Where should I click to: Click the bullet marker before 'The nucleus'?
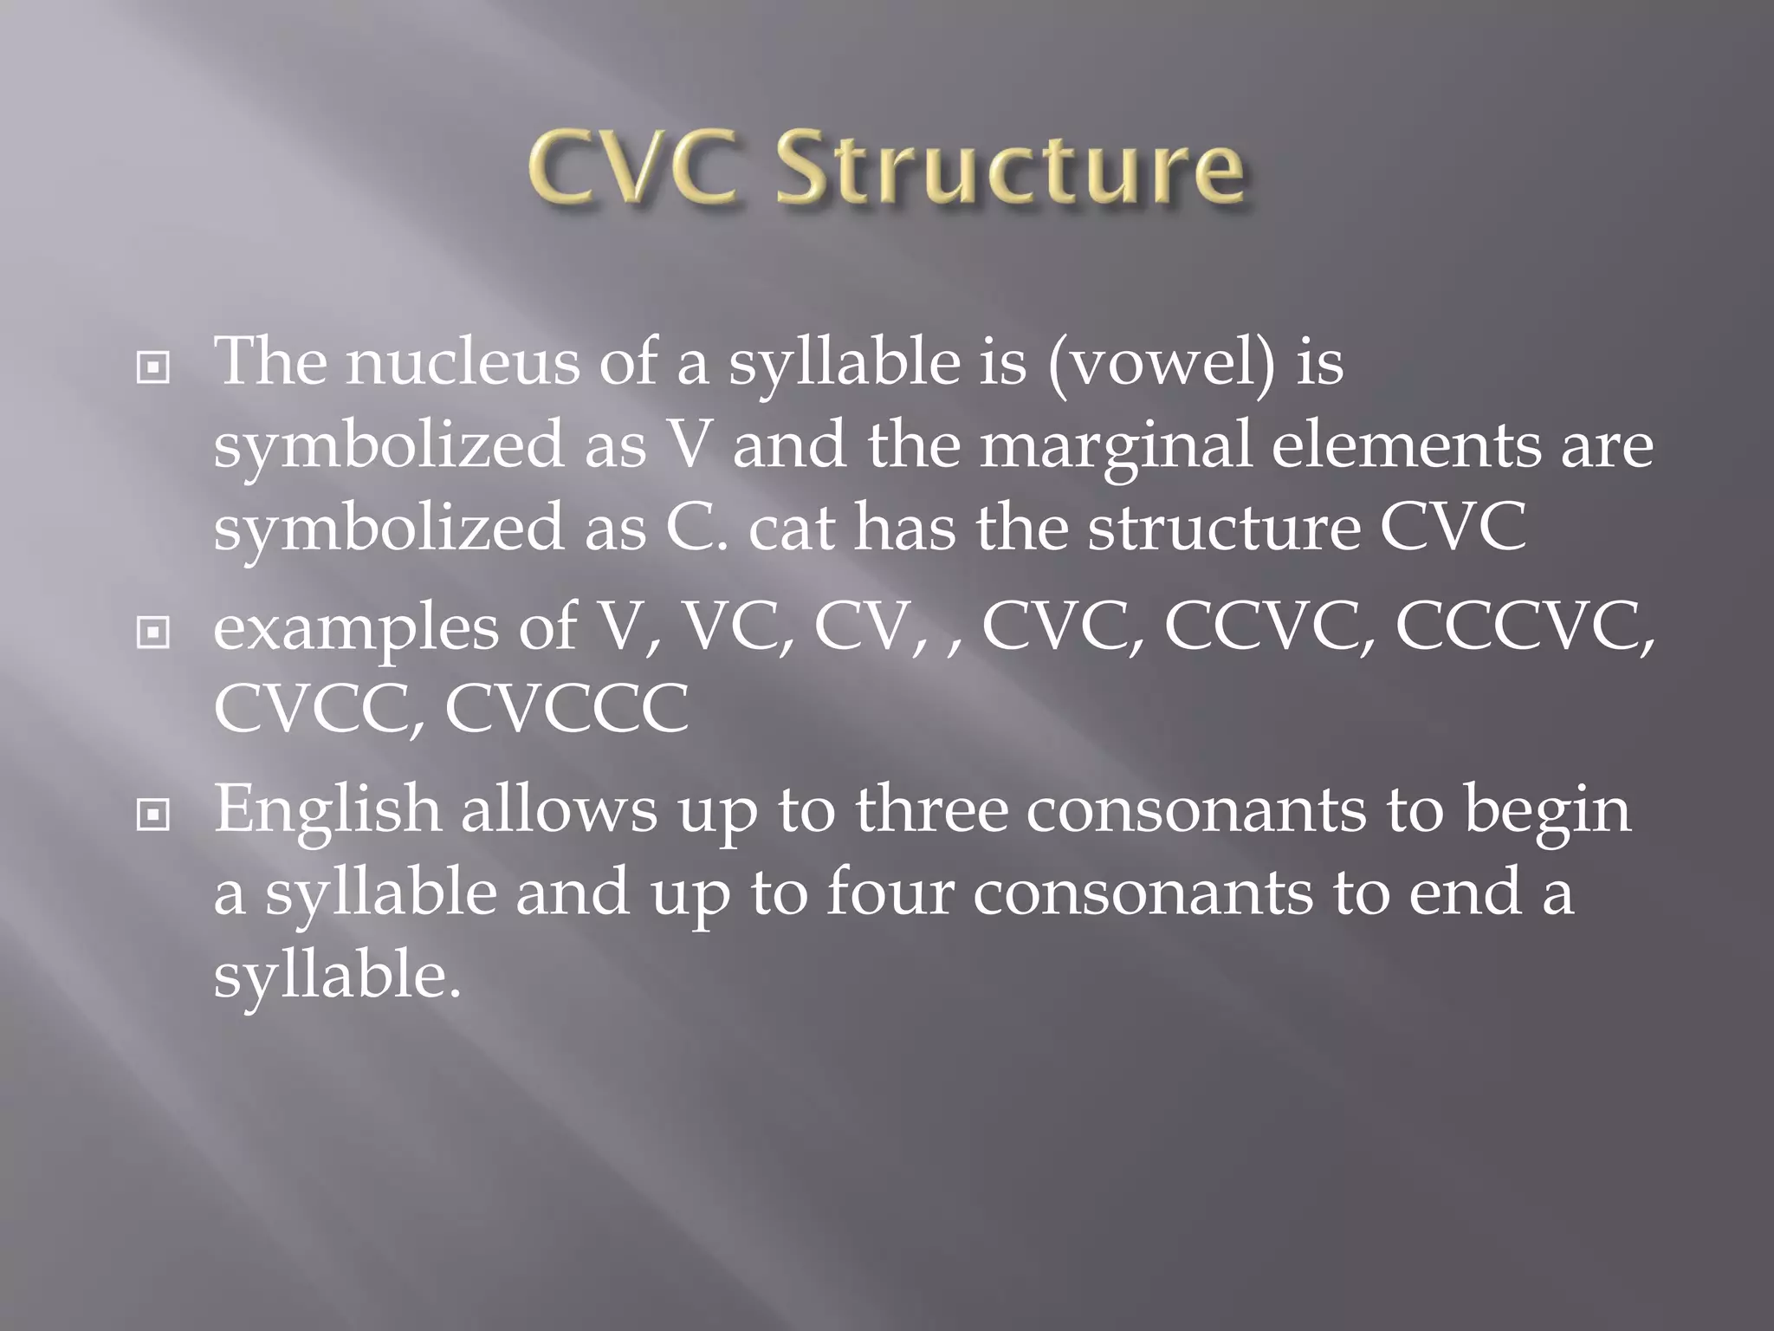point(153,369)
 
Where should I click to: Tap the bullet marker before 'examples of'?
point(153,633)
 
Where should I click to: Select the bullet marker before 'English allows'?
point(153,815)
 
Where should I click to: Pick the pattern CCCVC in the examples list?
point(1519,626)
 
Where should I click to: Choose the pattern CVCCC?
point(567,709)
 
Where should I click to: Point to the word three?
point(931,808)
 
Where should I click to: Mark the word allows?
point(559,808)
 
